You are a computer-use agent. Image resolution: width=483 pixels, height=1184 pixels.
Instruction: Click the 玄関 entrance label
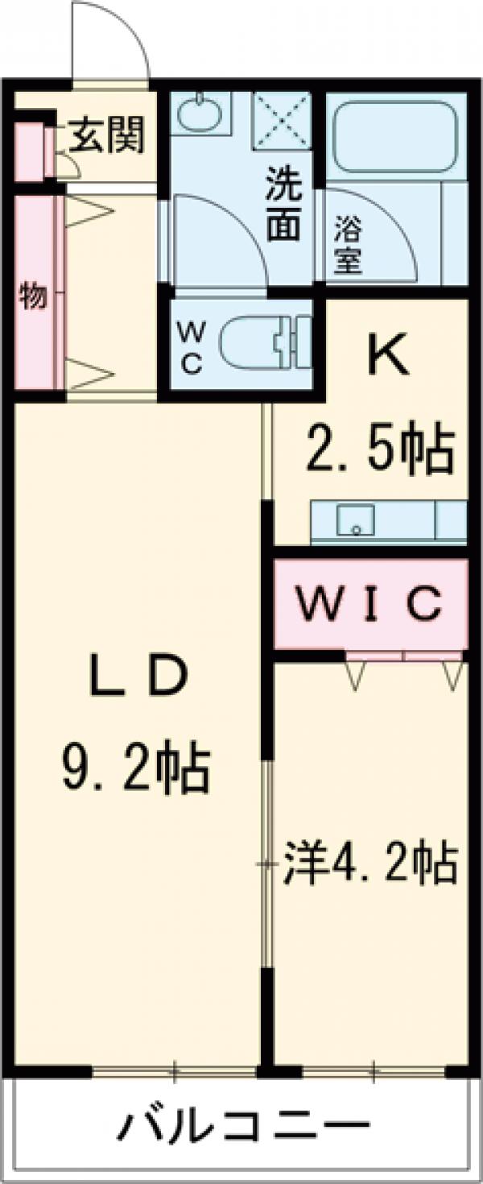(105, 135)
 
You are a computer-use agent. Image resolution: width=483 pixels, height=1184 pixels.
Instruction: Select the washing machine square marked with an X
(282, 122)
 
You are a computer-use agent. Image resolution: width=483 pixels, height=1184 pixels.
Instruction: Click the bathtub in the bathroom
(394, 133)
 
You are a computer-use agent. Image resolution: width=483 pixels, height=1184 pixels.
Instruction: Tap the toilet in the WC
(266, 342)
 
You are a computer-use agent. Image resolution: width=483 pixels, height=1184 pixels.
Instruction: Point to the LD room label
(138, 679)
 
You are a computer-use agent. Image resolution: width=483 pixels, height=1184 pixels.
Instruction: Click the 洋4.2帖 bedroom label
(369, 863)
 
